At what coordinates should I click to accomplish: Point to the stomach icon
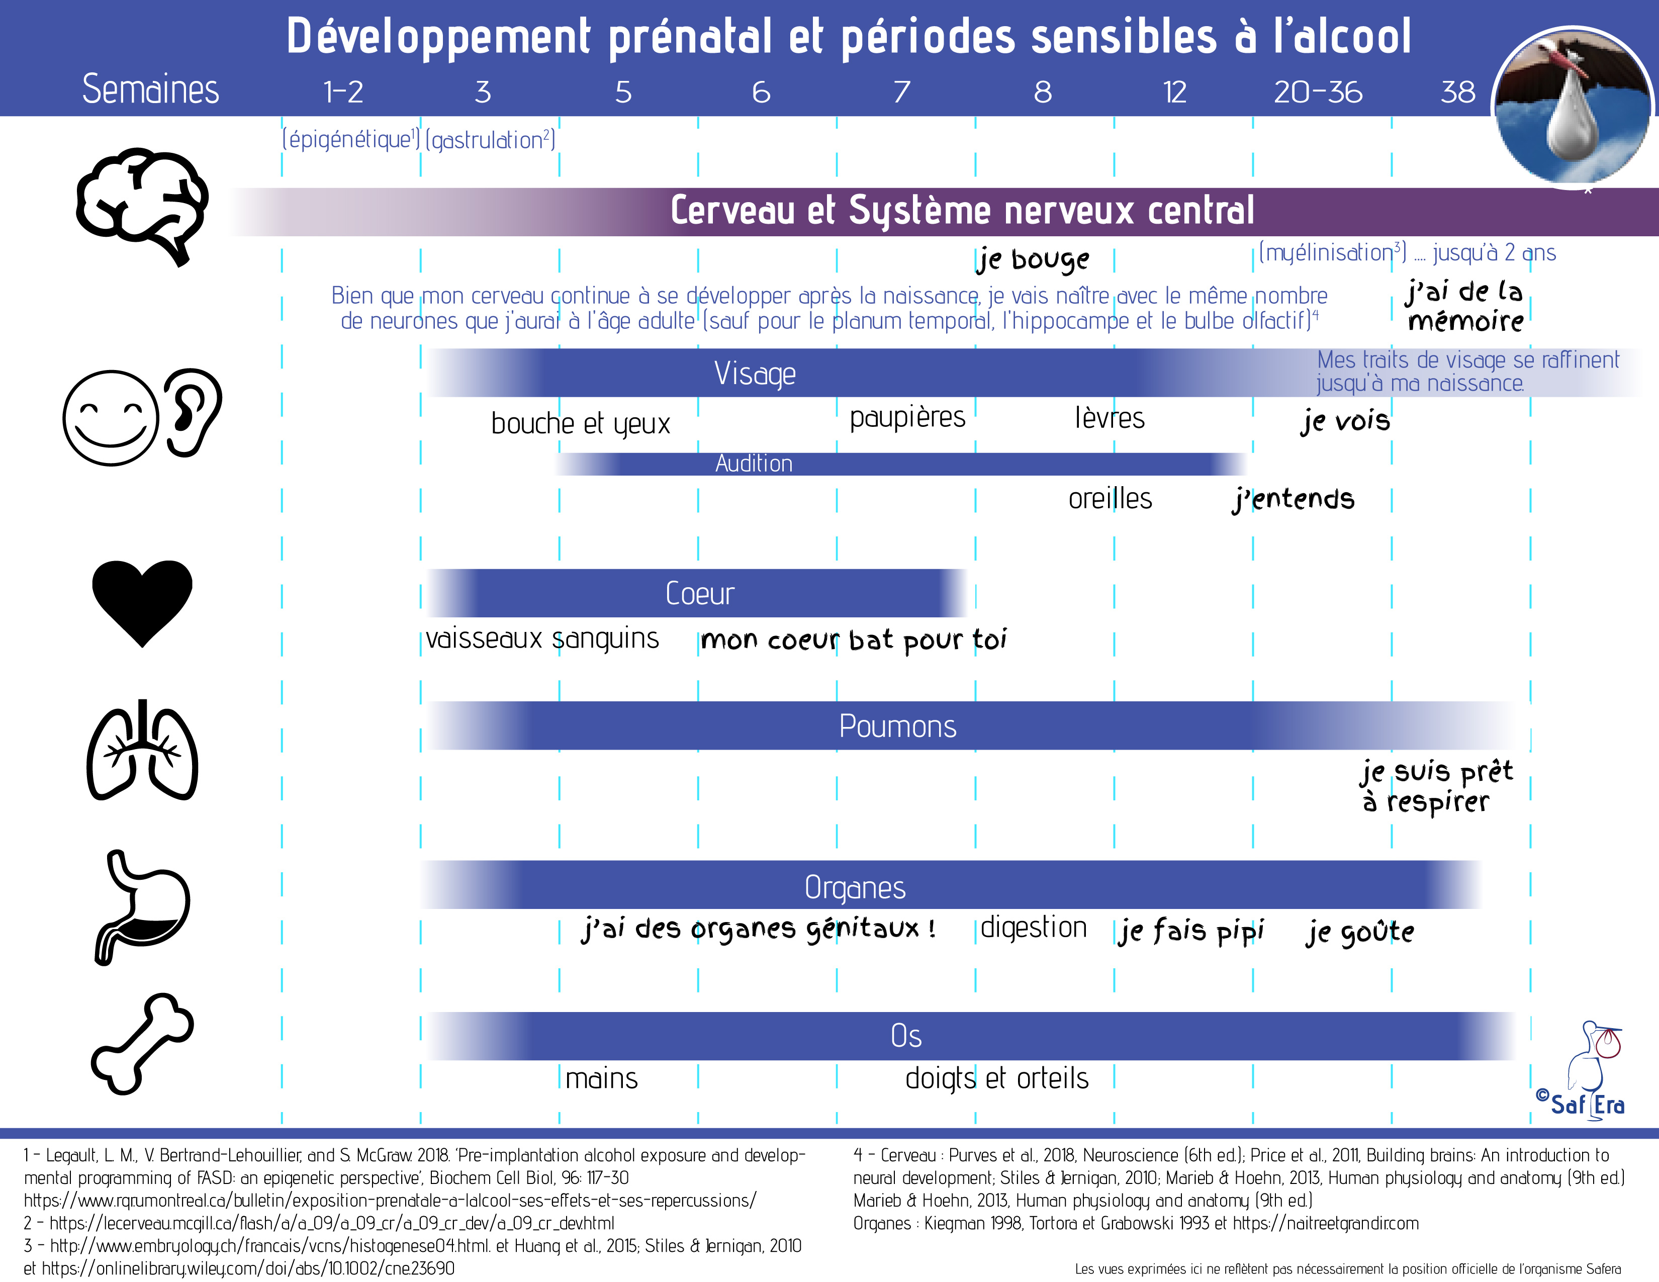click(x=142, y=907)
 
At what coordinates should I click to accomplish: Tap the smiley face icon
click(x=111, y=418)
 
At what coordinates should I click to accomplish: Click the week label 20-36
click(x=1318, y=93)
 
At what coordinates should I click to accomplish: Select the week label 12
click(x=1174, y=93)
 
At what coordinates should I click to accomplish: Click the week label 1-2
click(x=343, y=93)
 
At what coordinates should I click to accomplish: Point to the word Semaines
click(x=150, y=89)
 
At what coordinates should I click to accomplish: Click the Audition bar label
click(x=754, y=464)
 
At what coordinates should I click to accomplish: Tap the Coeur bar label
click(x=700, y=593)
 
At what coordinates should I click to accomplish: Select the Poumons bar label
click(x=897, y=726)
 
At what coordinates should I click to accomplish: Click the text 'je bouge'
click(x=1033, y=260)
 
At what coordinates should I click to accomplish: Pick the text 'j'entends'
click(x=1293, y=499)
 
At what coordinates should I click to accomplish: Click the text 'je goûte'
click(x=1360, y=931)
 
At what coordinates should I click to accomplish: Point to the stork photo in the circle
click(x=1573, y=106)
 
